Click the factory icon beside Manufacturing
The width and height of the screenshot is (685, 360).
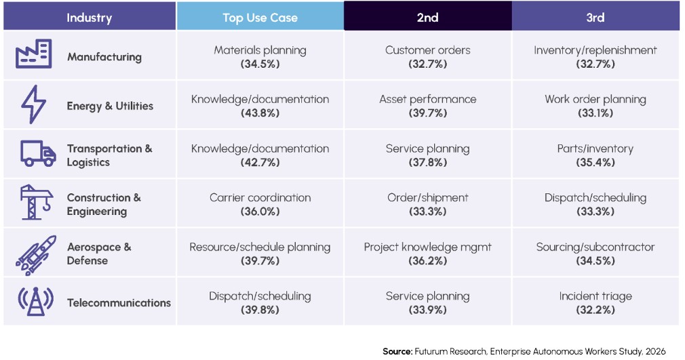34,54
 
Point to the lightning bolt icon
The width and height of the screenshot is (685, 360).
34,104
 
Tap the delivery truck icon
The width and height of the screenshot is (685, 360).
38,153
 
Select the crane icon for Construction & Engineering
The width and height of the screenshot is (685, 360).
36,202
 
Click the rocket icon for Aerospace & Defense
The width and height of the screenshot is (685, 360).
36,255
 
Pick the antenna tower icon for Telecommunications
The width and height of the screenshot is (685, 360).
35,301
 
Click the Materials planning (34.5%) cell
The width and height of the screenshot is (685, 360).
260,57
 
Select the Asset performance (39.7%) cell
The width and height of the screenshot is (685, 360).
428,106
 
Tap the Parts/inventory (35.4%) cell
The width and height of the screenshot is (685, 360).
595,155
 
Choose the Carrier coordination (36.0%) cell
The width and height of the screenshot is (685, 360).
260,204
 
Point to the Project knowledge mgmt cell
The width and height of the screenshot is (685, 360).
428,254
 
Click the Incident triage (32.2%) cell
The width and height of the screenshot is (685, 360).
595,303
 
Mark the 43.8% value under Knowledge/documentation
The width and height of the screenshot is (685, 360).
260,113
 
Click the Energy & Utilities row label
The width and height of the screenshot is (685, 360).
110,106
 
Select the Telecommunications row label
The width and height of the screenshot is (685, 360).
119,303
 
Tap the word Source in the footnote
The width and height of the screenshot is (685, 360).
397,351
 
